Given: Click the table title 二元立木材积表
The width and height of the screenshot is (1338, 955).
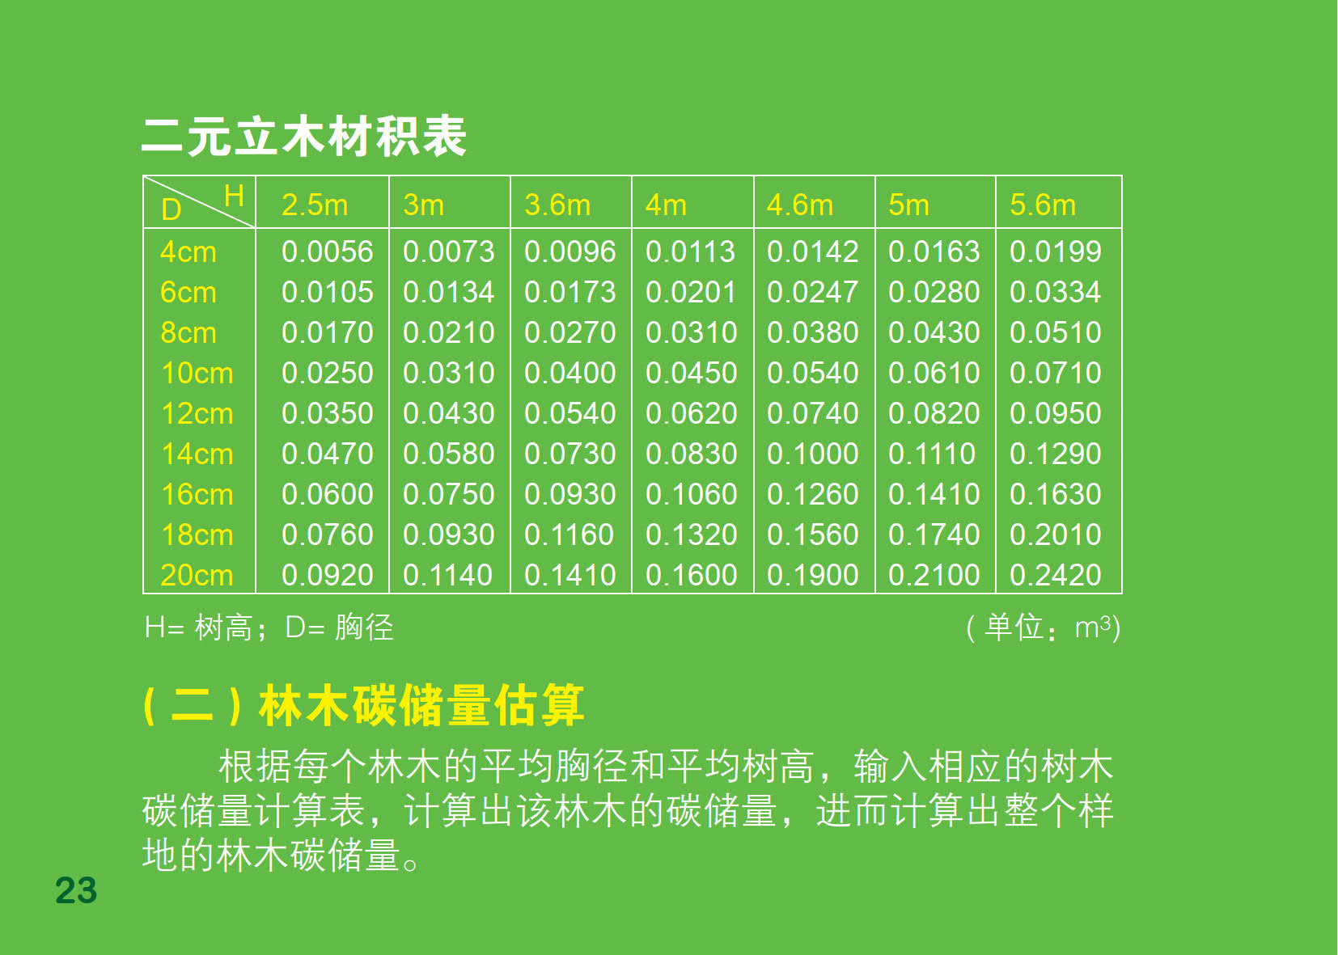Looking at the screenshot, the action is click(x=304, y=136).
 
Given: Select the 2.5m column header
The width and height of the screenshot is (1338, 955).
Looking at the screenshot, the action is click(x=315, y=205).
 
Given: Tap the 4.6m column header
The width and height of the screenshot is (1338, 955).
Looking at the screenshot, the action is click(x=800, y=205).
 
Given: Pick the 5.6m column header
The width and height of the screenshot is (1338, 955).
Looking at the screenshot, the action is click(x=1043, y=205).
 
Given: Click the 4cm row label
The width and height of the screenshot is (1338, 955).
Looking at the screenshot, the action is click(x=188, y=252).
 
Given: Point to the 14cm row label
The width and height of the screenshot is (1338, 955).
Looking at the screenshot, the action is click(x=197, y=454).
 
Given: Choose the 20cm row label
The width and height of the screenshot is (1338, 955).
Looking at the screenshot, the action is click(x=197, y=575).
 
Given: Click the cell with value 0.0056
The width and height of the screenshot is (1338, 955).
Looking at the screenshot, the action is click(x=328, y=251).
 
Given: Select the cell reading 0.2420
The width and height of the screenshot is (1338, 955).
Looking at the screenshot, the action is click(x=1056, y=575).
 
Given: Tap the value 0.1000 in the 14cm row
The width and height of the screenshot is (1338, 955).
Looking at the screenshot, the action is click(x=813, y=454).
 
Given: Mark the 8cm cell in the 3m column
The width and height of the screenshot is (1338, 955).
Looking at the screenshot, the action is click(x=449, y=332).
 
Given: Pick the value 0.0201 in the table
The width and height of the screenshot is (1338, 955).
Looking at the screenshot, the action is click(x=691, y=292).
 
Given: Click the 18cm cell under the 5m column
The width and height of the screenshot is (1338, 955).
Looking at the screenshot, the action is click(x=934, y=534).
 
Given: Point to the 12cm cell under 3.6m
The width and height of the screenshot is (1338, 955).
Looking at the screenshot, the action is click(x=569, y=412).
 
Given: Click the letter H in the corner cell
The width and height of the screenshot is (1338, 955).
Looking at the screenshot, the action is click(x=234, y=196).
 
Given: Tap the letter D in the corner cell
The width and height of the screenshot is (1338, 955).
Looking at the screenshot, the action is click(x=171, y=209).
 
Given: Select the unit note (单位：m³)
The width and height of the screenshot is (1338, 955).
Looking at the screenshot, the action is click(x=1043, y=628).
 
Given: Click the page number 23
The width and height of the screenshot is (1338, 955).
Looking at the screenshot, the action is click(x=76, y=890).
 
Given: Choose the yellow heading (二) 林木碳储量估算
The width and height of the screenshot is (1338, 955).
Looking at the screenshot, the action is click(x=363, y=705).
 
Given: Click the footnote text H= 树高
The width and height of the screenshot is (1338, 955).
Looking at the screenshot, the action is click(x=198, y=628).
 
